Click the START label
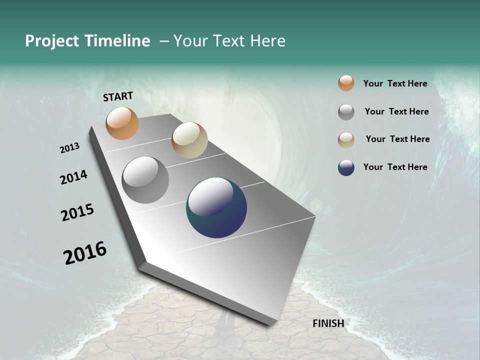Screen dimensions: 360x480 tap(118, 96)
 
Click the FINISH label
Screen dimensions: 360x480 tap(328, 323)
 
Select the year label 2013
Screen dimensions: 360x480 tap(70, 148)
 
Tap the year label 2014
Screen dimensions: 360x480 tap(73, 177)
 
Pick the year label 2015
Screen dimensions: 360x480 tap(77, 212)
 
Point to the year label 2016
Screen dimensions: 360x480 tap(85, 253)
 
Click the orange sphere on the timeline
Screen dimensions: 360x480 tap(122, 123)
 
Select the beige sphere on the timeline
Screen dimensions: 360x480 tap(189, 140)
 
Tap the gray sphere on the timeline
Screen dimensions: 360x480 tap(145, 180)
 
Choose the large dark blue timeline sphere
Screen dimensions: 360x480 tap(216, 207)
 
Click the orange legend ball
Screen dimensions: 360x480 tap(346, 83)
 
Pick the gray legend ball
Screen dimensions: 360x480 tap(346, 112)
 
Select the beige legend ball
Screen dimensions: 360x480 tap(346, 140)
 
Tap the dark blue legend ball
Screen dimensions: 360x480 tap(346, 167)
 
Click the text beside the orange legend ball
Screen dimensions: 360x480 tap(395, 83)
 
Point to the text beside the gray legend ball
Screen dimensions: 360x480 tap(396, 111)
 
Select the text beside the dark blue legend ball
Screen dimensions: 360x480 tap(395, 167)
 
